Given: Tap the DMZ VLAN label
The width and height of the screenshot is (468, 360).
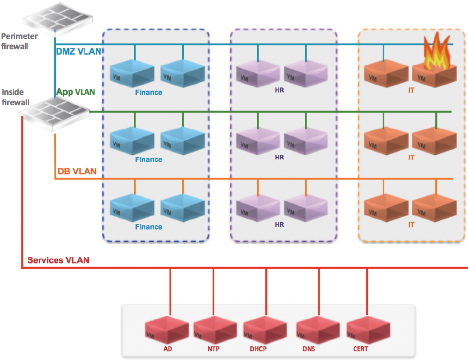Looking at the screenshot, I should pos(79,51).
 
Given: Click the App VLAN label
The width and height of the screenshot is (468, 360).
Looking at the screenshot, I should pos(75,92).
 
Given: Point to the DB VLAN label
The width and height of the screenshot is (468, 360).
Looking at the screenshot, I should pos(77,171).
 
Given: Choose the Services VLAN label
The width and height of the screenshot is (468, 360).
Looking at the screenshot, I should pos(58,260).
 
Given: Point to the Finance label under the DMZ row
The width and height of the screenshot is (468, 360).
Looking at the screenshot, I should pos(149,92).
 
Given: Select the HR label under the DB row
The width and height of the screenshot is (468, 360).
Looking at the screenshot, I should pos(279,225).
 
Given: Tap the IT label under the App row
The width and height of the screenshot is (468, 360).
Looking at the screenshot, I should pos(411,157).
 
